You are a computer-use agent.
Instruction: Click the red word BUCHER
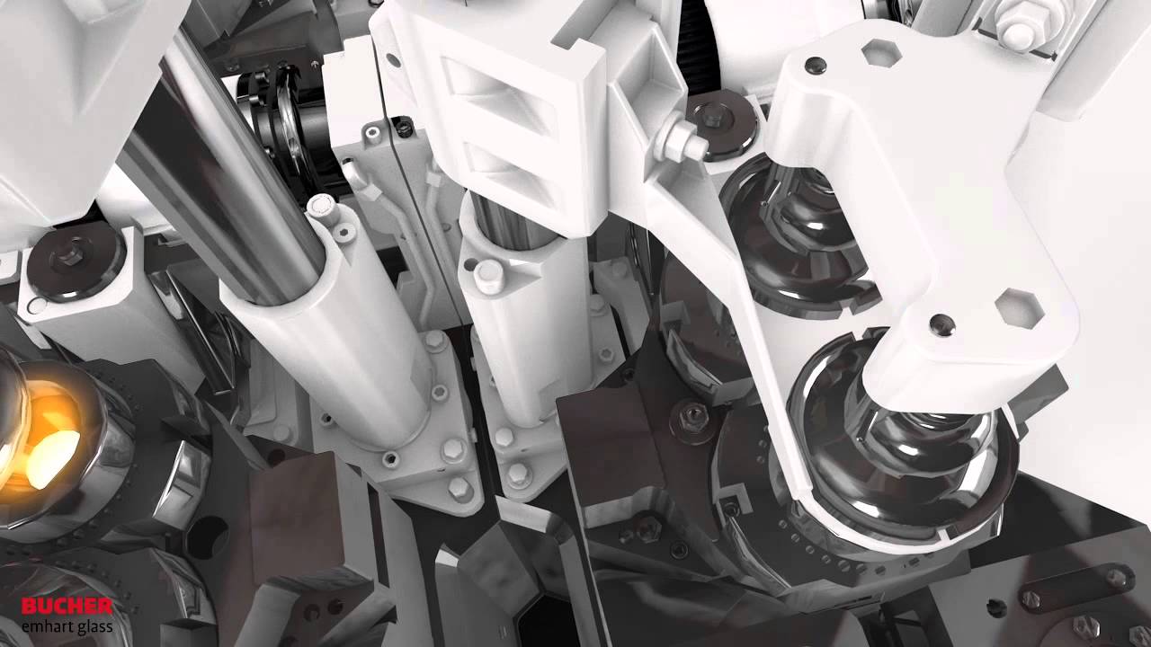(x=67, y=607)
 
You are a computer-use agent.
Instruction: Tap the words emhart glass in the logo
(x=67, y=627)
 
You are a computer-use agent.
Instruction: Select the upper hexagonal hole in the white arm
(x=881, y=52)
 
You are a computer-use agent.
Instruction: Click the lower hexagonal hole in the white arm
(x=1020, y=307)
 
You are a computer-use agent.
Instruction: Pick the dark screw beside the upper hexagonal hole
(x=816, y=65)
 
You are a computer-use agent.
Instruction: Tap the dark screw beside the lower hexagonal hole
(x=942, y=324)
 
